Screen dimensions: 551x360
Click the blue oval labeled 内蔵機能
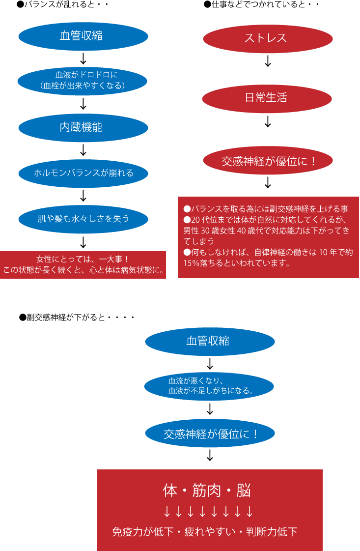[83, 127]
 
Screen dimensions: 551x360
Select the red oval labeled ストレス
[268, 38]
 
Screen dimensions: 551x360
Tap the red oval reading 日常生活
[267, 97]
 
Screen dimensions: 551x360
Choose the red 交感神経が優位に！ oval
[268, 161]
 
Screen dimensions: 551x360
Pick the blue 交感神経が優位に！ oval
[210, 434]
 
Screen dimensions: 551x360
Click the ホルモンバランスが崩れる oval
[83, 173]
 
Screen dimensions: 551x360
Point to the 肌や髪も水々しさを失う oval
[83, 218]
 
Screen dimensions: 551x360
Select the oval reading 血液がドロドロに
[83, 80]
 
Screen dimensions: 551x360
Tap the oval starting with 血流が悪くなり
[209, 386]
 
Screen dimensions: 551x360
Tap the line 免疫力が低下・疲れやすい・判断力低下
[205, 531]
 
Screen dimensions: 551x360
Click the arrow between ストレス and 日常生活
[268, 61]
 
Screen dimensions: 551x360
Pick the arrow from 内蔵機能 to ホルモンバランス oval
[83, 149]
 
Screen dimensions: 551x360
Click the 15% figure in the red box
[190, 263]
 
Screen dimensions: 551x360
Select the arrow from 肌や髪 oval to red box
[83, 242]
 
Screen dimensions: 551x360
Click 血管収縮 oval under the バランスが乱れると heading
[83, 36]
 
